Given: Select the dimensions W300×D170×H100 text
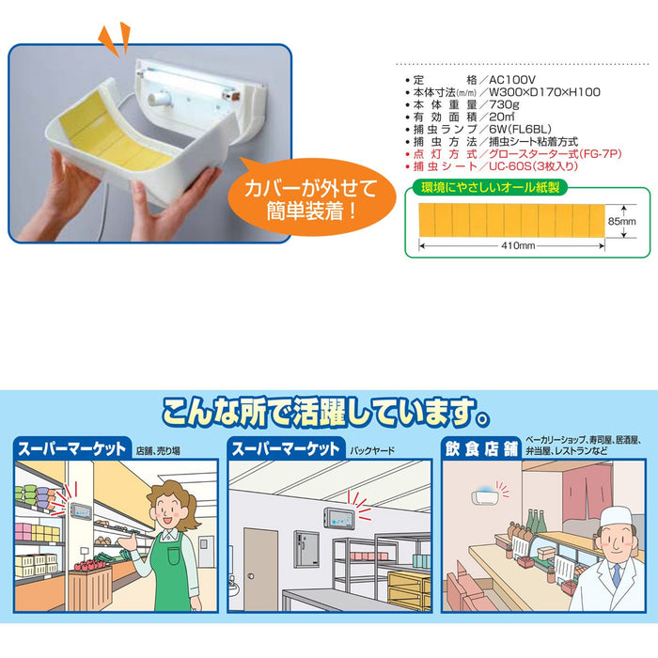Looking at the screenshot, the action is point(544,92).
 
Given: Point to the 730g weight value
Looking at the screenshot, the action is point(504,104).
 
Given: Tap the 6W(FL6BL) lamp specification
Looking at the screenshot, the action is point(520,130).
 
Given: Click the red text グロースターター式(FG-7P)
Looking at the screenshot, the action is point(556,154).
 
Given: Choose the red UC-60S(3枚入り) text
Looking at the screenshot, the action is point(533,166).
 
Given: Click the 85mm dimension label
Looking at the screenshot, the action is point(621,221).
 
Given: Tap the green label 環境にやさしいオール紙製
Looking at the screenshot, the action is point(490,187).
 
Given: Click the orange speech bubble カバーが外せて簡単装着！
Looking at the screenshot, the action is point(311,197).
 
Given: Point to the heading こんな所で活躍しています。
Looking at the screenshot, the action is point(326,412).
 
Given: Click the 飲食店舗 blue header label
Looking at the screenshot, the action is point(481,449).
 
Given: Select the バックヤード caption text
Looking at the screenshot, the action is point(372,451).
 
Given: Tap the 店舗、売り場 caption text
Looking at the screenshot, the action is point(158,451).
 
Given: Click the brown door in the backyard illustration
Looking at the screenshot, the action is point(260,569).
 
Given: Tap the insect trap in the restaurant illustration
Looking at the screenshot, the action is point(485,497).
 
